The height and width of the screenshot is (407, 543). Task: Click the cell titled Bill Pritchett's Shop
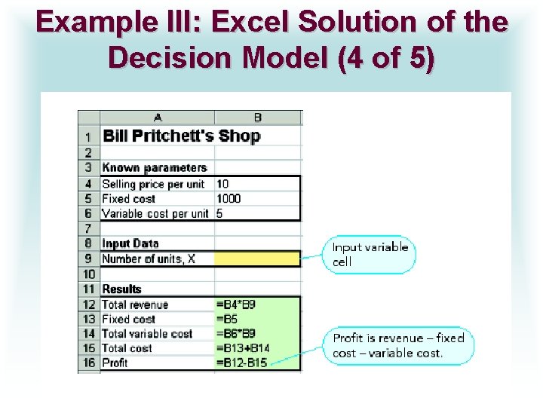point(181,136)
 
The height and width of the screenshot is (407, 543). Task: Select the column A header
point(157,118)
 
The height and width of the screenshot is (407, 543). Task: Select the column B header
point(257,118)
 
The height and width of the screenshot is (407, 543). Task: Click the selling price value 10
point(222,184)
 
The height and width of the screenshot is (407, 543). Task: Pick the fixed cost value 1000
point(228,199)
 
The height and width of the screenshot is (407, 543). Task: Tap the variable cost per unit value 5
point(219,213)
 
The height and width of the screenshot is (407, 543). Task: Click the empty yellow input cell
point(257,259)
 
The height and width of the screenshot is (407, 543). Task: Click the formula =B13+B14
point(242,348)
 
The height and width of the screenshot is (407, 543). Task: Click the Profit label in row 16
point(115,363)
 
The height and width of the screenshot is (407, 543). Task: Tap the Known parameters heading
point(154,168)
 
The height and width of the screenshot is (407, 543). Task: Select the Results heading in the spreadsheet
point(122,289)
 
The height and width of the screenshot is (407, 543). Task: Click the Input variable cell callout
point(370,255)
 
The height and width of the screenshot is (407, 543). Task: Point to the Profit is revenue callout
point(399,346)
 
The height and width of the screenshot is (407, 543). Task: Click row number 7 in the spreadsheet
point(88,228)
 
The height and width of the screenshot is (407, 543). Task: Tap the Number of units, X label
point(149,259)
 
